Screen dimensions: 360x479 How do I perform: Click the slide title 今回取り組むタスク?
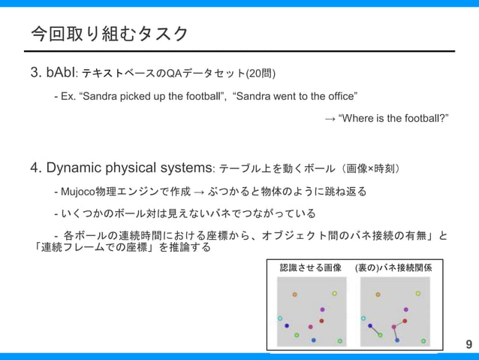click(109, 34)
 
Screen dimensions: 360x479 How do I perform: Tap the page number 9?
click(469, 345)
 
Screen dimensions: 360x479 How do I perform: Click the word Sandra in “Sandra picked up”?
click(104, 97)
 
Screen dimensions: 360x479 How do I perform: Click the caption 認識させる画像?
click(310, 268)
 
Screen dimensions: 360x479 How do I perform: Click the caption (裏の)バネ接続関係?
click(398, 268)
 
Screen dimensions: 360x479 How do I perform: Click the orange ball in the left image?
click(294, 295)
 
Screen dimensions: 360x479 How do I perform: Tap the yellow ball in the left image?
click(334, 293)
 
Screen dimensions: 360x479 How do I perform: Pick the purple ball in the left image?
click(322, 310)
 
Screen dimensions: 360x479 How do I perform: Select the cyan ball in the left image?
click(280, 319)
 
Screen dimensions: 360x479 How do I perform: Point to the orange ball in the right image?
click(378, 295)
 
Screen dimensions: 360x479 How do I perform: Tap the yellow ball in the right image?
click(418, 293)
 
